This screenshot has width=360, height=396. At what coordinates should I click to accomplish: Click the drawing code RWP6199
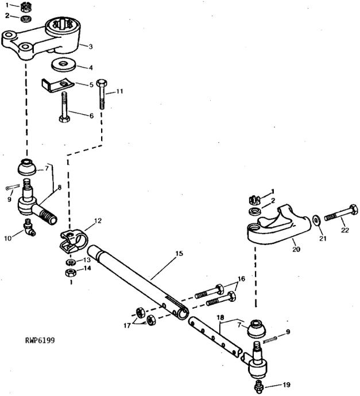[40, 340]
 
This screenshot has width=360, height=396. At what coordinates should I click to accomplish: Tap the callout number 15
[179, 253]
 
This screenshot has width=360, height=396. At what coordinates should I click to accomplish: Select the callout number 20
[296, 249]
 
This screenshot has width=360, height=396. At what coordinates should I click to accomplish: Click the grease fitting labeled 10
[29, 227]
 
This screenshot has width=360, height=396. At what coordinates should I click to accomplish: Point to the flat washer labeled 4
[64, 65]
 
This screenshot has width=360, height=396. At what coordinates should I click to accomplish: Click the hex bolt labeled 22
[341, 214]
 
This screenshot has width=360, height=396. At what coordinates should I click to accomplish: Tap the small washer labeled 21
[316, 220]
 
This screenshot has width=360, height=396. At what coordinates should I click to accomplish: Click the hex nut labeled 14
[71, 273]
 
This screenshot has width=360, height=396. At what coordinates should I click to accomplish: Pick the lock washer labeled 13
[70, 262]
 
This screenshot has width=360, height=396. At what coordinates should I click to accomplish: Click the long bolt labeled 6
[65, 107]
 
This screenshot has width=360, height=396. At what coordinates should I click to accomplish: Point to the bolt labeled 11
[102, 94]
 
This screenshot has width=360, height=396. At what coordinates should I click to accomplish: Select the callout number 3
[91, 46]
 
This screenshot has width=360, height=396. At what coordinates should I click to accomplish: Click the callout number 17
[127, 325]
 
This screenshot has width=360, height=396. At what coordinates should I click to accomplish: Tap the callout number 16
[241, 278]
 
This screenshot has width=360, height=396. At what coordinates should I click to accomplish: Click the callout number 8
[59, 188]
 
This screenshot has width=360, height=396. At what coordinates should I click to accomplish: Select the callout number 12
[98, 220]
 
